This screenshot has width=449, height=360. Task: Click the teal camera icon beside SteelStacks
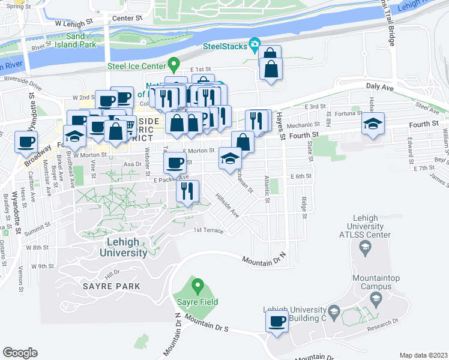point(255,44)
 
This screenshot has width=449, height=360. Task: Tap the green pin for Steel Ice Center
point(174,63)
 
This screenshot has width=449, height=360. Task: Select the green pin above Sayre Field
point(197,284)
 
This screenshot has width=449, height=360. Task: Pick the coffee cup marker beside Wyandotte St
point(26,142)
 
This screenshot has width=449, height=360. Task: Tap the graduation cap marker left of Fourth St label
point(373,124)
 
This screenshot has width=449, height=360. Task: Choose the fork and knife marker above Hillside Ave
point(187,191)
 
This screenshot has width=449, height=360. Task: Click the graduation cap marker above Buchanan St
point(229,158)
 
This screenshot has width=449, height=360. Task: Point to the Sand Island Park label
point(80,40)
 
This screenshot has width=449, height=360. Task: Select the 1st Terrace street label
point(208,230)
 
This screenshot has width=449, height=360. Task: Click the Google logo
point(20,352)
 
